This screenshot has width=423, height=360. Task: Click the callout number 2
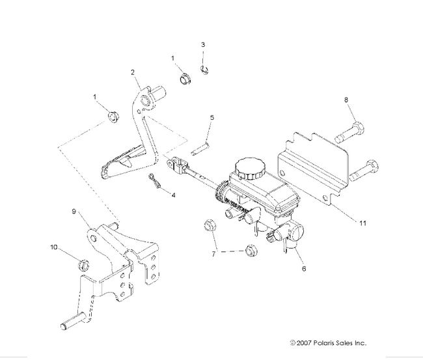click(133, 72)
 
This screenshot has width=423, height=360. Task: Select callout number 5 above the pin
click(211, 117)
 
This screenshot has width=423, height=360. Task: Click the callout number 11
click(362, 223)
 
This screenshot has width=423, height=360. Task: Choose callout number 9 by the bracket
click(74, 211)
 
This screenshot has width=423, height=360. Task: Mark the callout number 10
click(54, 247)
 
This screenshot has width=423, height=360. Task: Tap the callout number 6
click(302, 267)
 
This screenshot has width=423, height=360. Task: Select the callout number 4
click(173, 194)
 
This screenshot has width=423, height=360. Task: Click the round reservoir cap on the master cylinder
click(247, 169)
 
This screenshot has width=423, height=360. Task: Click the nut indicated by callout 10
click(83, 265)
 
